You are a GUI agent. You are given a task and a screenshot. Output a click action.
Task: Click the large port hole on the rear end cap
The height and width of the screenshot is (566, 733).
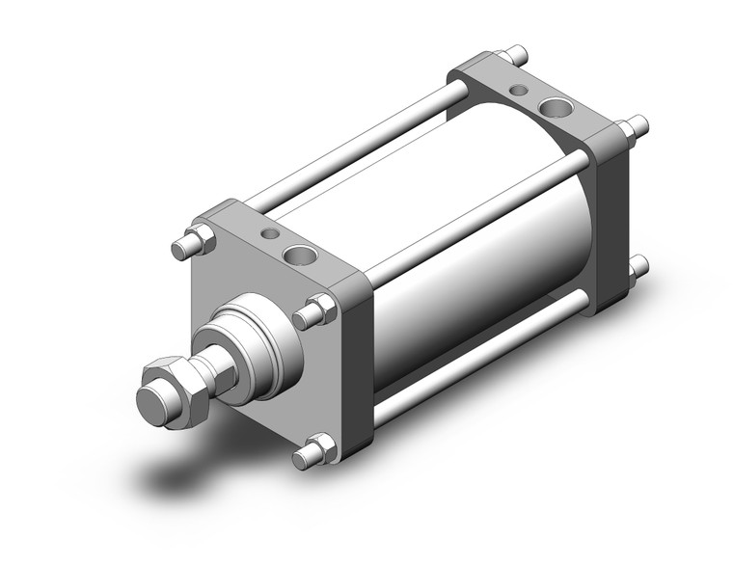[557, 107]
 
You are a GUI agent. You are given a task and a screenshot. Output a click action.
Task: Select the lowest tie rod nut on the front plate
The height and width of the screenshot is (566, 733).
[317, 447]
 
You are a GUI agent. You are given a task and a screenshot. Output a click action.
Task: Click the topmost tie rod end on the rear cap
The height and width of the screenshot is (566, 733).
[518, 52]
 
